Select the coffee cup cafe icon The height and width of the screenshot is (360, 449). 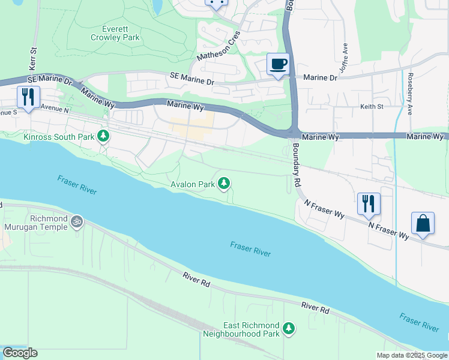click(x=277, y=64)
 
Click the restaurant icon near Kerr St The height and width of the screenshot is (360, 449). click(x=28, y=97)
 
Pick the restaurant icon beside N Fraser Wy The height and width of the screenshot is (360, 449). click(x=369, y=203)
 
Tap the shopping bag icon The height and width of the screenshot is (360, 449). click(x=423, y=223)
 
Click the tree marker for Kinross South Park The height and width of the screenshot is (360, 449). click(x=104, y=137)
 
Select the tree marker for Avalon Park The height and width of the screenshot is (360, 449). click(x=224, y=183)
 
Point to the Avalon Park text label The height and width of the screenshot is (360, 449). click(x=191, y=184)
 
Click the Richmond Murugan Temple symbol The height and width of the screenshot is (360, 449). click(x=76, y=222)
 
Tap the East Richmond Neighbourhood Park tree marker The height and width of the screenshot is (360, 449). click(x=289, y=328)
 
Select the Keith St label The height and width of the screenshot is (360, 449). click(x=372, y=106)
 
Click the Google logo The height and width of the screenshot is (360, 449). click(x=20, y=353)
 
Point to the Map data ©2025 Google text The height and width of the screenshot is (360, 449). click(x=412, y=355)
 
